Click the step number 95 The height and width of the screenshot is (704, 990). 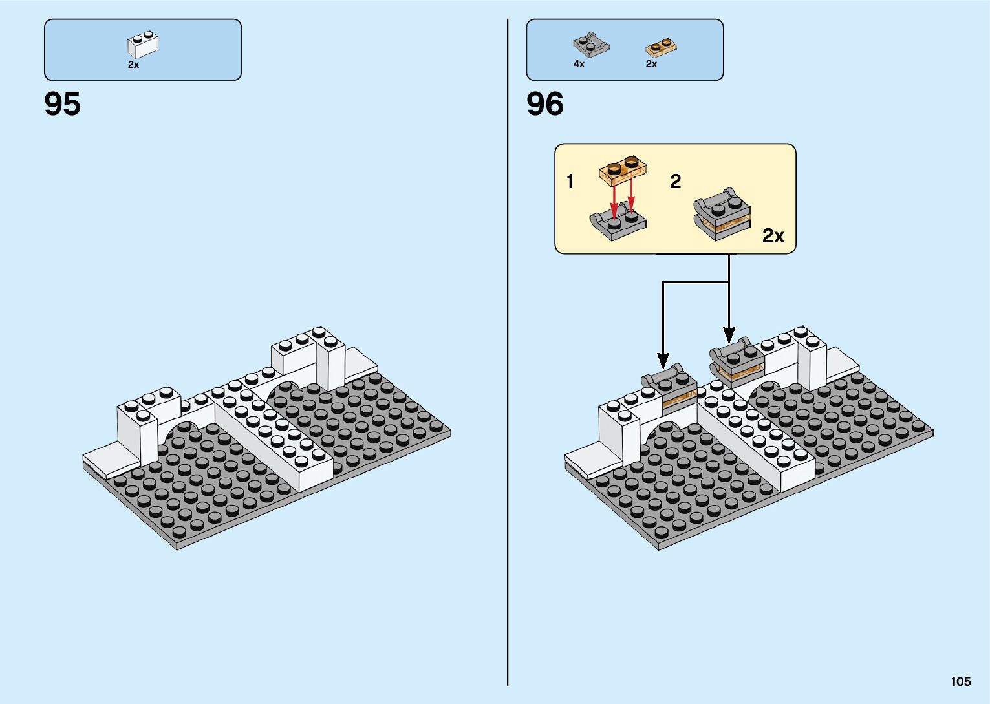pos(63,104)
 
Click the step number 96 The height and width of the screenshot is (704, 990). pos(544,104)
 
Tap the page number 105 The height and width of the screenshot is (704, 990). pos(960,681)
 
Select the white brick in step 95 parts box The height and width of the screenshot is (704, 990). pos(143,45)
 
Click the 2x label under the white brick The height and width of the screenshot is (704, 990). pos(133,65)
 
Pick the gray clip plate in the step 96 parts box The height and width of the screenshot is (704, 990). pos(591,45)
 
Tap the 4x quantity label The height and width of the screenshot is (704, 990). pos(579,64)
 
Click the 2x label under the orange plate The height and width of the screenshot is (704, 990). pos(651,64)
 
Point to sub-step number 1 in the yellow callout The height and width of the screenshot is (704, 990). pos(570,182)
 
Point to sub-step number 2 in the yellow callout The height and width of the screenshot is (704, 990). pos(675,182)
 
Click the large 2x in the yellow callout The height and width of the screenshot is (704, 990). pos(773,236)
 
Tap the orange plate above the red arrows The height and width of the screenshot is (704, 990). pos(623,169)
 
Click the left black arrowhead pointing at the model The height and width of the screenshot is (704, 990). pos(662,360)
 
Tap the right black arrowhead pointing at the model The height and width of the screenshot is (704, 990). pos(729,335)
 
